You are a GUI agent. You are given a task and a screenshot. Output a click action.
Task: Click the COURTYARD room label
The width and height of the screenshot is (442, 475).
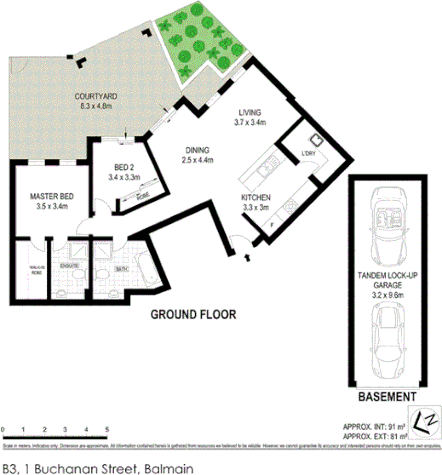pyautogui.click(x=95, y=97)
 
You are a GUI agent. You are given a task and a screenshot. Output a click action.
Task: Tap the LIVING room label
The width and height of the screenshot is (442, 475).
pyautogui.click(x=250, y=112)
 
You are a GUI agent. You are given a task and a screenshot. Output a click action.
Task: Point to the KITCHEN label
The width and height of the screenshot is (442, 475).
pyautogui.click(x=256, y=196)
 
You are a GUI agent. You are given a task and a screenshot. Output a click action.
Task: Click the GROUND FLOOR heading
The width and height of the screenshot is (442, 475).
pyautogui.click(x=193, y=315)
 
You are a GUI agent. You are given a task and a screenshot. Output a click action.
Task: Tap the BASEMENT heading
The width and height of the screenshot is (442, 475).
pyautogui.click(x=387, y=398)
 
